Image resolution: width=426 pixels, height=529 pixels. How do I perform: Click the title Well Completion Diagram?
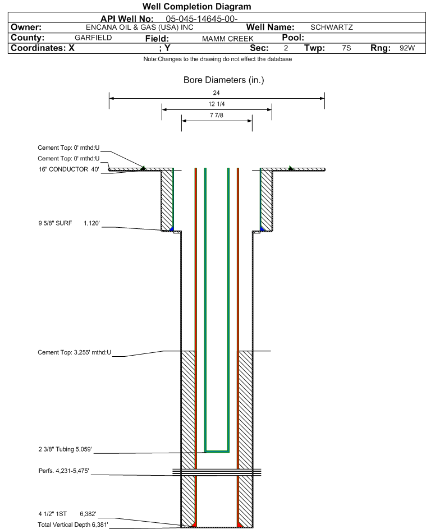tap(197, 6)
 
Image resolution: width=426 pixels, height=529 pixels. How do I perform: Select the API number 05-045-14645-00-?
tap(201, 19)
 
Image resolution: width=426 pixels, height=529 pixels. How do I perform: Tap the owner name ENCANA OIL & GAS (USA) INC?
tap(140, 27)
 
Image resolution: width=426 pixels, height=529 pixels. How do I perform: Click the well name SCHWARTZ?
tap(332, 27)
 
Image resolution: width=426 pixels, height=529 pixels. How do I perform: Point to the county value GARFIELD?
tap(93, 38)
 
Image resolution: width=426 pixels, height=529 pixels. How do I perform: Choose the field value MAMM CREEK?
tap(227, 39)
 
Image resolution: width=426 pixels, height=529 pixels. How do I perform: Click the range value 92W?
tap(407, 48)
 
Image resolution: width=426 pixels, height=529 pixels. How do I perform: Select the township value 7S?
tap(346, 48)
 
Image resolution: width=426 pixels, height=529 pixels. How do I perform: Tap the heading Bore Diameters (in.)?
tap(224, 80)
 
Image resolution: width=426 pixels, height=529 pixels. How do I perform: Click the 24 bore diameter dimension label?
tap(217, 93)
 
